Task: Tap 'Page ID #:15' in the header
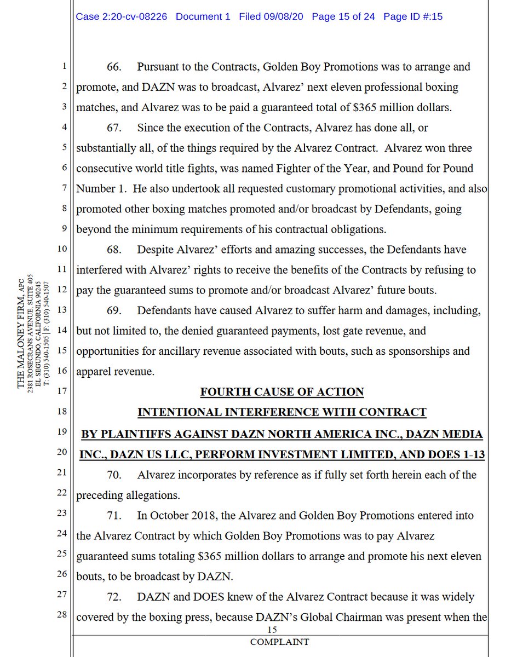point(413,16)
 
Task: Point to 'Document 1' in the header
point(203,16)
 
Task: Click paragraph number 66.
point(114,67)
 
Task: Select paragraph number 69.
point(114,310)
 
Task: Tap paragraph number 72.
point(114,596)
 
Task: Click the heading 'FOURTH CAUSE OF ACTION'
point(282,392)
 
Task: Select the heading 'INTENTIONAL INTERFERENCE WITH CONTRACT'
point(282,412)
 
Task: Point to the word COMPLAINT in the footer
point(279,642)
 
